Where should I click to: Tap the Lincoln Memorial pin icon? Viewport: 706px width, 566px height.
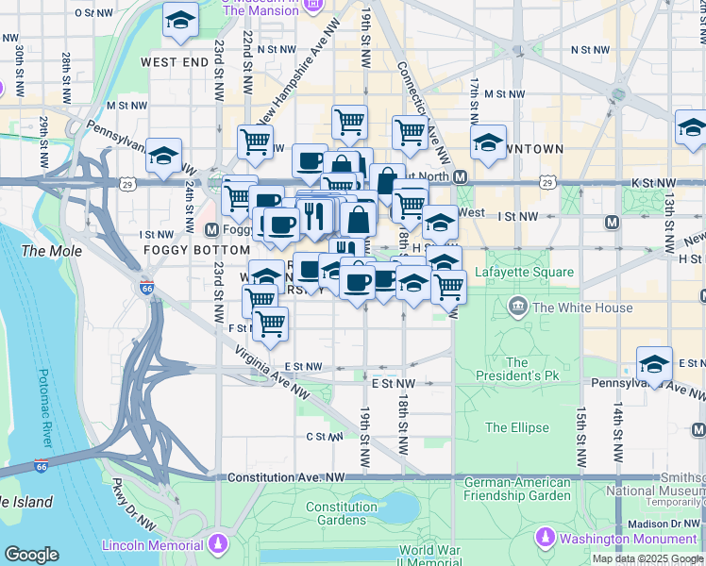tap(219, 543)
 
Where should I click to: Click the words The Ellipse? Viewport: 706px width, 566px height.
tap(516, 427)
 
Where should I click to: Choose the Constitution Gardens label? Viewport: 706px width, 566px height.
tap(342, 513)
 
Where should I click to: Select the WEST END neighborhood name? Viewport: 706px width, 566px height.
tap(174, 62)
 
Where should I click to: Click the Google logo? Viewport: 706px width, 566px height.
tap(32, 555)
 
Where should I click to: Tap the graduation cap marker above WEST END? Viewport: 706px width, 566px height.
tap(180, 20)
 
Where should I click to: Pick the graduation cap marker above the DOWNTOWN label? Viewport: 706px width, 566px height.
tap(488, 142)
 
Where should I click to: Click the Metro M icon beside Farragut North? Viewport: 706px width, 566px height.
tap(461, 177)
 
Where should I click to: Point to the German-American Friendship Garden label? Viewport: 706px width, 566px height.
tap(517, 489)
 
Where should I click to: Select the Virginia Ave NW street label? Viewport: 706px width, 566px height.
tap(275, 374)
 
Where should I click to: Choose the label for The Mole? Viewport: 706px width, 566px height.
tap(51, 251)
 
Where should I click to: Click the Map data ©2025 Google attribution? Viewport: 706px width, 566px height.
tap(647, 558)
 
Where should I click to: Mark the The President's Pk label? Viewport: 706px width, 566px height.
tap(516, 369)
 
